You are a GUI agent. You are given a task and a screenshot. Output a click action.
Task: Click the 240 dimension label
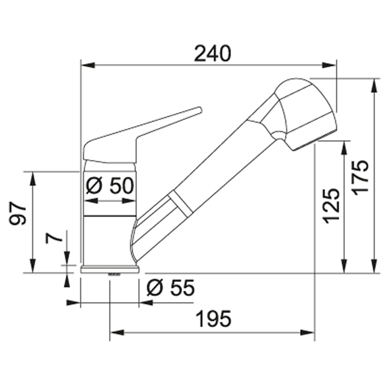pyautogui.click(x=212, y=53)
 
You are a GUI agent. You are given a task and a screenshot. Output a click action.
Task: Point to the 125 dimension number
pyautogui.click(x=331, y=206)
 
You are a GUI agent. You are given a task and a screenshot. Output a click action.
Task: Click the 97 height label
pyautogui.click(x=18, y=213)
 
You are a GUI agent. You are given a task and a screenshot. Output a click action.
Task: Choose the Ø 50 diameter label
pyautogui.click(x=110, y=186)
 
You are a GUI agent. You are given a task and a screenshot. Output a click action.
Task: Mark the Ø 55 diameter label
pyautogui.click(x=171, y=287)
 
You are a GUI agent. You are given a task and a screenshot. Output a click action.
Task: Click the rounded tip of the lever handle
pyautogui.click(x=199, y=110)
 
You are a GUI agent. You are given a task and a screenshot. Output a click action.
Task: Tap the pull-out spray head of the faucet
pyautogui.click(x=305, y=114)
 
